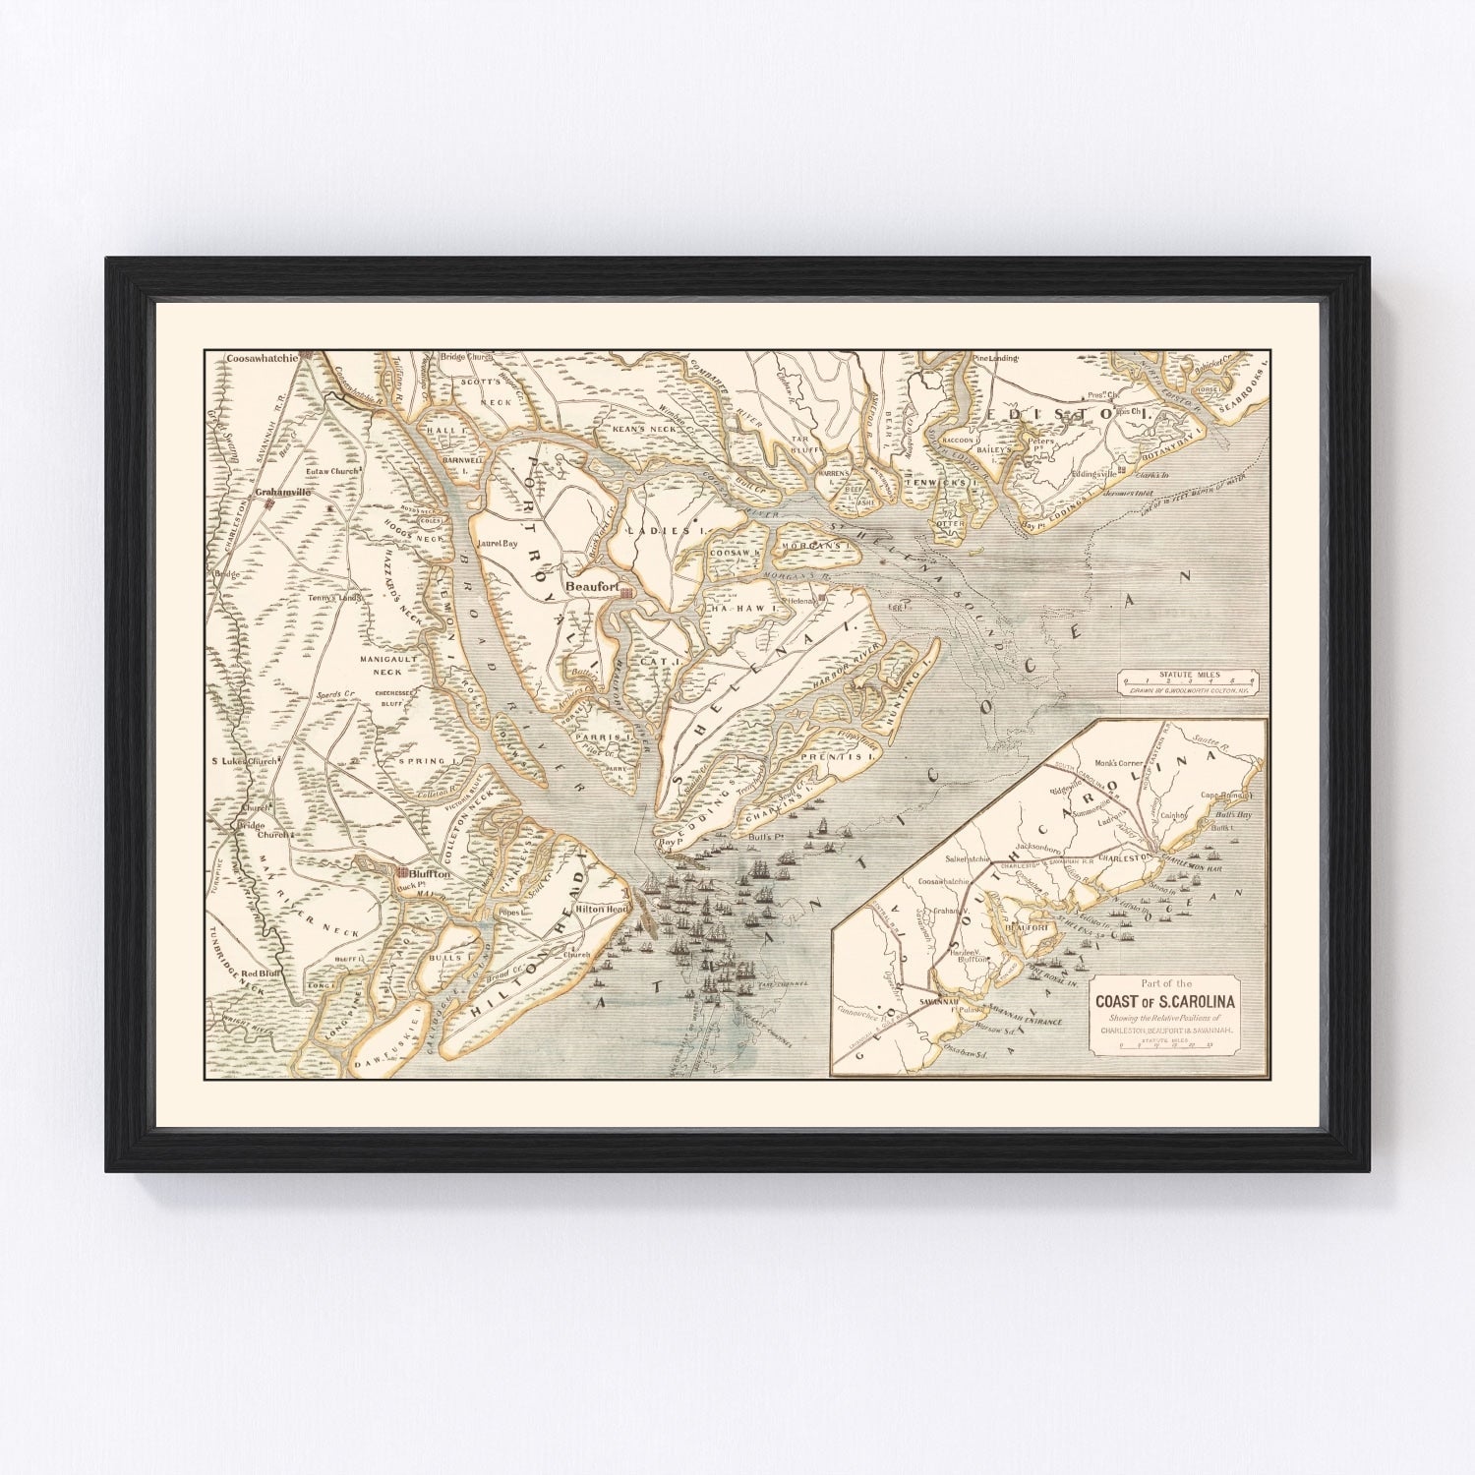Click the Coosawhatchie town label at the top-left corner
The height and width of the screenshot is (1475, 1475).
(261, 360)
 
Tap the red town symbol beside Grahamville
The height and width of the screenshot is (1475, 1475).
(267, 504)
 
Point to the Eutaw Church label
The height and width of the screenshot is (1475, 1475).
(333, 472)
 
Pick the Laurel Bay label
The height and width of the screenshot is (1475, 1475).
(497, 543)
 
